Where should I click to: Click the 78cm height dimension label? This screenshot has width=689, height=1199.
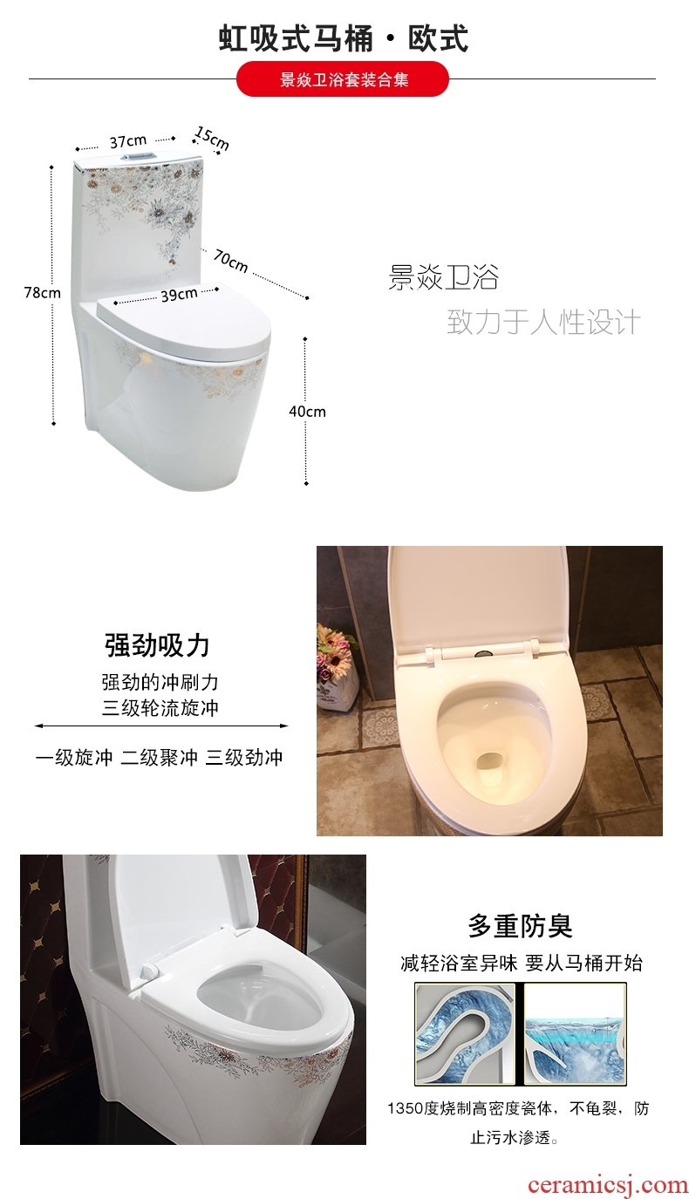point(42,293)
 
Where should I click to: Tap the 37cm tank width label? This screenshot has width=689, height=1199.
point(128,141)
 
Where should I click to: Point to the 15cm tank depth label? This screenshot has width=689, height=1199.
point(212,138)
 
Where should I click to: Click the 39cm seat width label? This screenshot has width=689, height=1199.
point(180,295)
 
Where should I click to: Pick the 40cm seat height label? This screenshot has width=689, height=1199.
point(307,411)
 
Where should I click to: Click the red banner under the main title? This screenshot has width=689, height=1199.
point(343,79)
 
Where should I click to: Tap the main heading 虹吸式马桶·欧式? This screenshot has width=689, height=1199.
point(343,38)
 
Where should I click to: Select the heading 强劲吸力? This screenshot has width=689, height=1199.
point(157,645)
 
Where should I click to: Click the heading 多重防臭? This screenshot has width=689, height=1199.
point(521,926)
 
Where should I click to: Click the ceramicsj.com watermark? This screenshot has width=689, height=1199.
point(608,1184)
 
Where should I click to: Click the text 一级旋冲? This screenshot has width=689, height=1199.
point(74,758)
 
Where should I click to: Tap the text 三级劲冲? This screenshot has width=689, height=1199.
point(244,758)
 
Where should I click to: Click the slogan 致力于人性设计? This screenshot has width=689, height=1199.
point(544,322)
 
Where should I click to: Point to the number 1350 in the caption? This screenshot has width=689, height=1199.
point(406,1107)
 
